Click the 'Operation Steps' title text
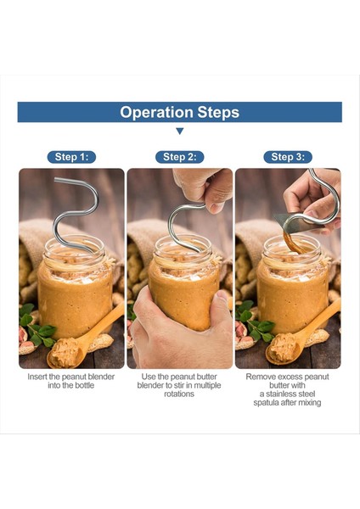click(179, 112)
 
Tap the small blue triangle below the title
click(180, 131)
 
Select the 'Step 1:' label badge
click(71, 157)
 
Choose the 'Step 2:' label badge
click(180, 157)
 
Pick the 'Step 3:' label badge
click(288, 157)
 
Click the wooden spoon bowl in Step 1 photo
click(65, 352)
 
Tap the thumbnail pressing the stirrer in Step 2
click(217, 208)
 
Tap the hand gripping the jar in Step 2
click(182, 327)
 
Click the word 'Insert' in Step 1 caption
click(37, 377)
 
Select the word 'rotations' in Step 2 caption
click(179, 394)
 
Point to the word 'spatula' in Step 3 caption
click(266, 403)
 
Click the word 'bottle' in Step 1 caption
click(84, 386)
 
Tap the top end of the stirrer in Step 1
click(56, 180)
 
